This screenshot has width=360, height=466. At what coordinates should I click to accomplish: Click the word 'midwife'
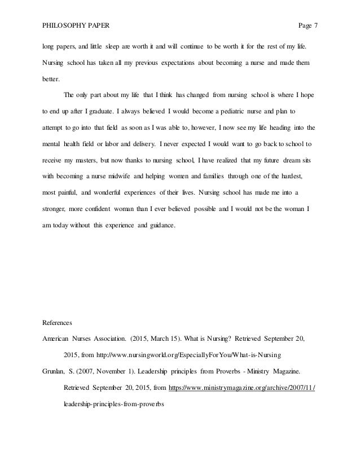coord(129,178)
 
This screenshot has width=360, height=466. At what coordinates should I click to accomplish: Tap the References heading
coord(59,323)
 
